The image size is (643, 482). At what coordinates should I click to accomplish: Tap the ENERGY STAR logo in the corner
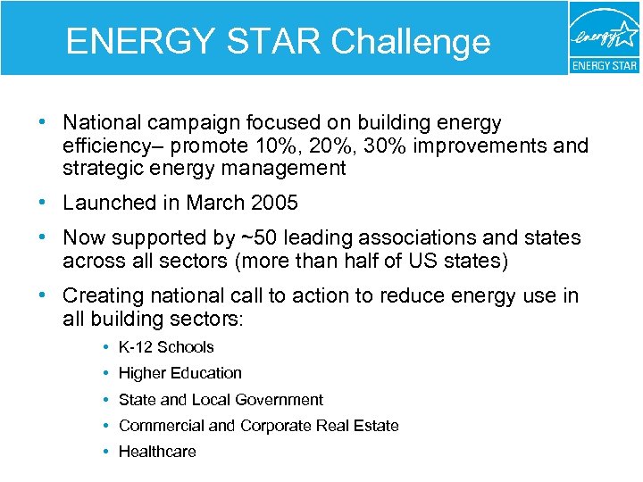[x=604, y=37]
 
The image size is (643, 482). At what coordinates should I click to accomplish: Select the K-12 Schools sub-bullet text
[x=166, y=347]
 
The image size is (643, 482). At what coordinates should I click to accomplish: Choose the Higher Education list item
[x=180, y=373]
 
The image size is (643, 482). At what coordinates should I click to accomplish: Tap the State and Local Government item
[x=221, y=400]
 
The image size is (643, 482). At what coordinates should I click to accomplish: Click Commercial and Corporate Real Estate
[x=258, y=426]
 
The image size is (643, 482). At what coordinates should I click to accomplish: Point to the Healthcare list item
[x=157, y=452]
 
